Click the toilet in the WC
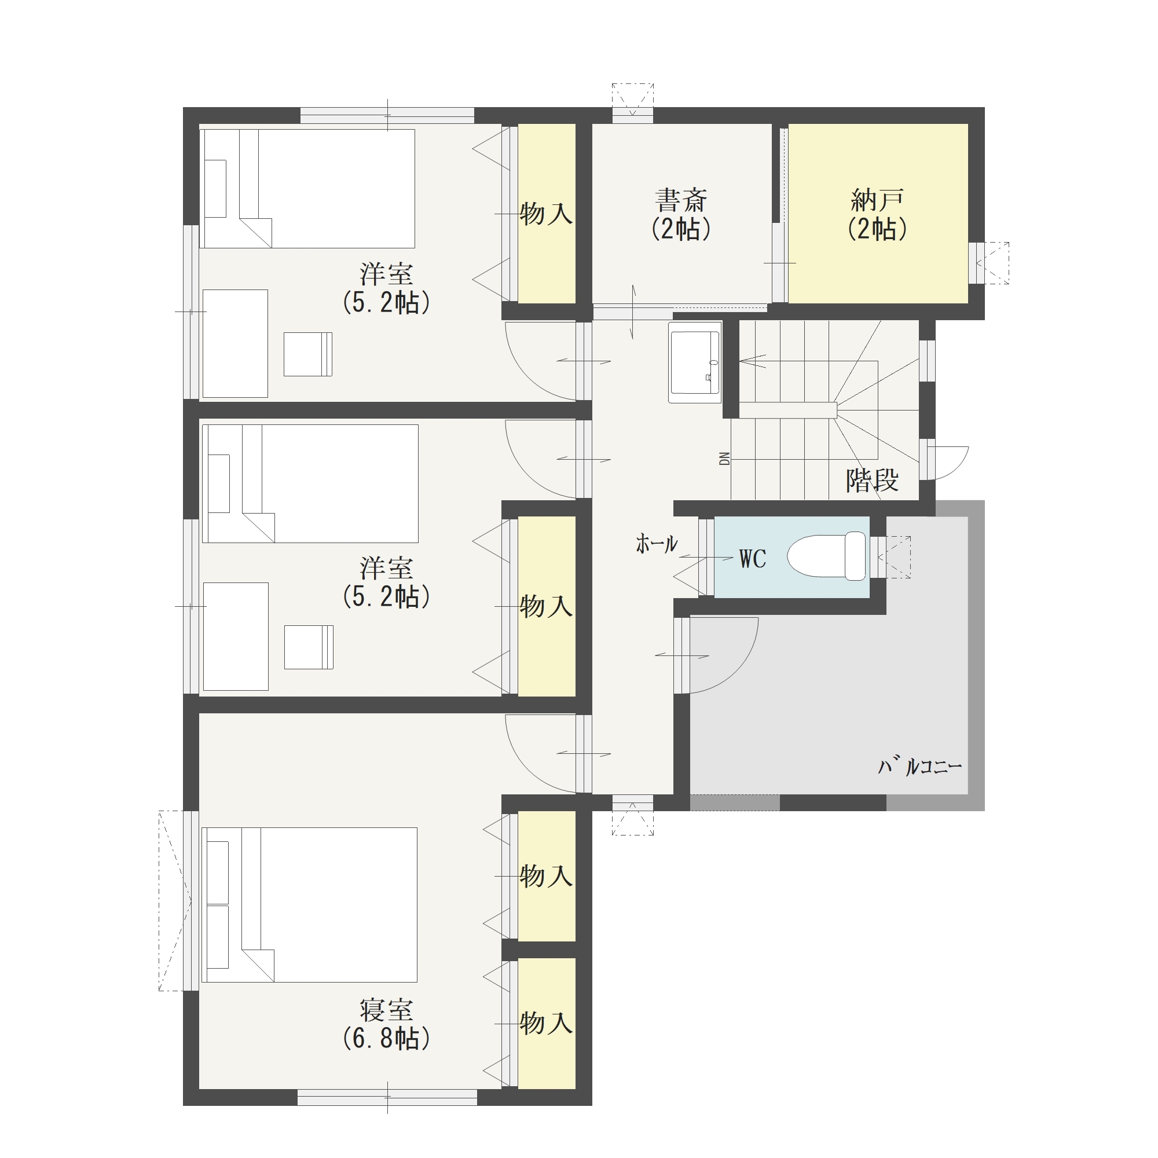coord(827,556)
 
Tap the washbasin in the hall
coord(695,361)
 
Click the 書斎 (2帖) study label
coord(681,215)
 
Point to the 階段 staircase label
coord(873,480)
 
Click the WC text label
coord(753,559)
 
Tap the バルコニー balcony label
coord(920,765)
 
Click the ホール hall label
coord(657,544)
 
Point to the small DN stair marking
coord(725,459)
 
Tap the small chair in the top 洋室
coord(308,354)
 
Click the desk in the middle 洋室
coord(236,636)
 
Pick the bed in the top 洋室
coord(307,188)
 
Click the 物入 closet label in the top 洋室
coord(546,214)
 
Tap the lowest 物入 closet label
coord(546,1023)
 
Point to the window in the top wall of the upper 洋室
coord(387,115)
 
